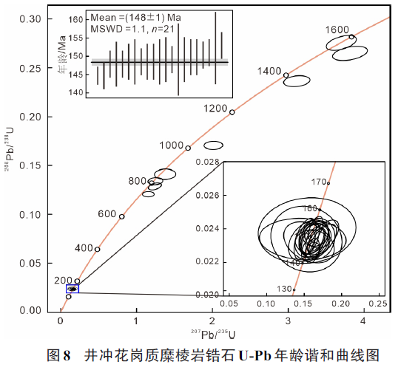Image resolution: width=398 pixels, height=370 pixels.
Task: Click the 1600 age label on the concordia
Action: coord(337,29)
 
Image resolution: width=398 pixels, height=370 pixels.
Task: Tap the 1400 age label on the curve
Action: coord(271,71)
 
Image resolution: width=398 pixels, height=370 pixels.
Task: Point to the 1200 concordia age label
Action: coord(215,109)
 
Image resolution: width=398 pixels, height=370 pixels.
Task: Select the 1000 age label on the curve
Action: coord(171,145)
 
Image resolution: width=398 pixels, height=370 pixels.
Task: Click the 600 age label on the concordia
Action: coord(107,213)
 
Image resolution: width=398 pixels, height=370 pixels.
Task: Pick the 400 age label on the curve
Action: coord(84,247)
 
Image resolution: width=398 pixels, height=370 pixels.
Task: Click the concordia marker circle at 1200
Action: coord(232,112)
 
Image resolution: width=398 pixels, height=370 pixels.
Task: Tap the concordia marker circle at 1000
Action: coord(188,148)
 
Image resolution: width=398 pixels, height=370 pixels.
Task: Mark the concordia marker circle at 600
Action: coord(122,217)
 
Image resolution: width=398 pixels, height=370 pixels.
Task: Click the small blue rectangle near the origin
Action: coord(72,289)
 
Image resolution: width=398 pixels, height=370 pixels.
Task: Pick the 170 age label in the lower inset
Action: coord(319,182)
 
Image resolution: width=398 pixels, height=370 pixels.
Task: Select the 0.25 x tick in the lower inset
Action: coord(377,303)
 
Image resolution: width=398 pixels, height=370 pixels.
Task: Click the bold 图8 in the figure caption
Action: coord(58,355)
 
